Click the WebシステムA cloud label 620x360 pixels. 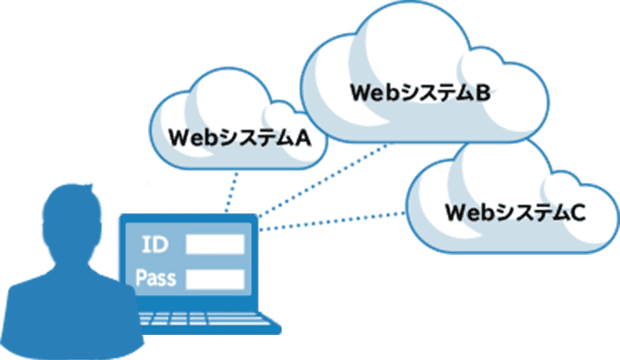tap(239, 137)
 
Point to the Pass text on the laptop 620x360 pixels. tap(156, 277)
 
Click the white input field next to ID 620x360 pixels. tap(215, 244)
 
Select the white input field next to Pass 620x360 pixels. tap(215, 278)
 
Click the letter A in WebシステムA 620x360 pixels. tap(302, 137)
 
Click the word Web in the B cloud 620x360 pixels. tap(372, 92)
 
